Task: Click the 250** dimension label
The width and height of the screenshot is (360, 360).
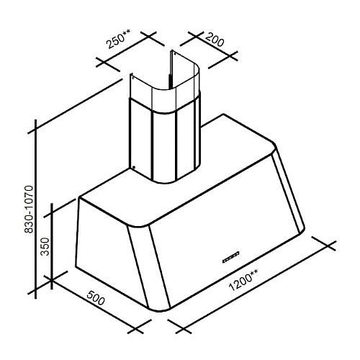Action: point(119,38)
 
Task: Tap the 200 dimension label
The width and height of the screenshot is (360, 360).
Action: point(215,40)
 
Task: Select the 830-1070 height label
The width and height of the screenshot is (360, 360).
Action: point(30,209)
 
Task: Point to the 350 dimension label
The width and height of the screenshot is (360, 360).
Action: point(45,246)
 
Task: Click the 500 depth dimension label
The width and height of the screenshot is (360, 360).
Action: point(96,297)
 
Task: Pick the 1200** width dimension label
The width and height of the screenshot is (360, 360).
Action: point(244,279)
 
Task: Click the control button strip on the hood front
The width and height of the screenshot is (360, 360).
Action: point(231,257)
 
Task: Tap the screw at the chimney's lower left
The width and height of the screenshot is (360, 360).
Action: point(134,167)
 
